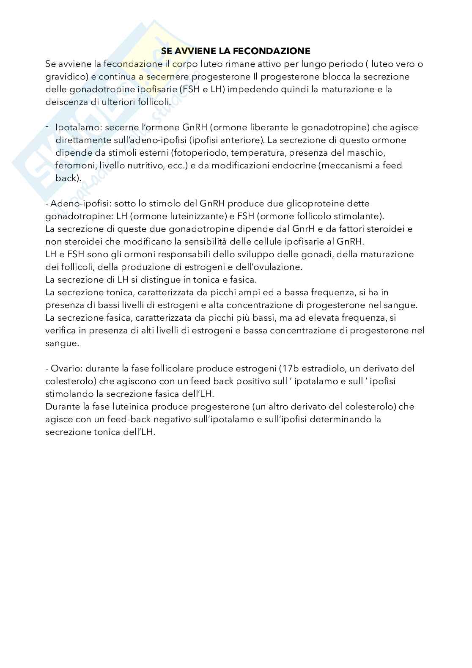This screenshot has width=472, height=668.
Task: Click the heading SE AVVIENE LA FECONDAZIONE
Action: tap(236, 51)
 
